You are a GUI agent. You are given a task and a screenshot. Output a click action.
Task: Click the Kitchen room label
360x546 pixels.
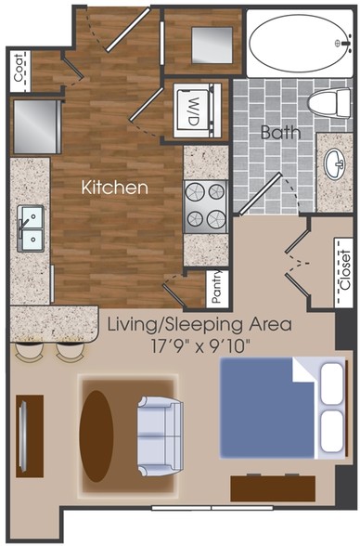click(115, 188)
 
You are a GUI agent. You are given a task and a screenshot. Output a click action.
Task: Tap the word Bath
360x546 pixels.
click(281, 132)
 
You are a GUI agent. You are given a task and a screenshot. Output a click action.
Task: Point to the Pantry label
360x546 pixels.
click(217, 287)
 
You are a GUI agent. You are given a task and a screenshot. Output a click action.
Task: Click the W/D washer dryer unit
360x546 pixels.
click(198, 110)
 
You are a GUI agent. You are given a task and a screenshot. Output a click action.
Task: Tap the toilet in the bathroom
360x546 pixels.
click(329, 103)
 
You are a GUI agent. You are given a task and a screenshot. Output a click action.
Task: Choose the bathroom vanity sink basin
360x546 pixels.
click(334, 163)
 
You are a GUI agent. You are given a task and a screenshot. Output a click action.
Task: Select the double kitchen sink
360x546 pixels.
click(31, 228)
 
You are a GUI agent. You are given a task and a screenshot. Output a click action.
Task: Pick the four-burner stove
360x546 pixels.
click(206, 207)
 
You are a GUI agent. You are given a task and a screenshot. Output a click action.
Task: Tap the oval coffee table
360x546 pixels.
click(96, 436)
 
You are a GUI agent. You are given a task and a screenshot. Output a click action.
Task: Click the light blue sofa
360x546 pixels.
click(160, 436)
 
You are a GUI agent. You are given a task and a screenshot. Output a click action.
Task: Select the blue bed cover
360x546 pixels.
click(267, 409)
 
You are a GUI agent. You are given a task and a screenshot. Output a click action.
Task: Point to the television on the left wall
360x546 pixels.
click(23, 435)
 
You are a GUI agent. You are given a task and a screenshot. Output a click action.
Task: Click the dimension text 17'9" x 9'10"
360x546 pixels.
click(200, 347)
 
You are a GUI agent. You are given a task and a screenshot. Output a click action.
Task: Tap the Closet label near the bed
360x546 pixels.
click(345, 270)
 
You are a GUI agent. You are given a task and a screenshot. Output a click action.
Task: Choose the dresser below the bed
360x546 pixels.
click(273, 488)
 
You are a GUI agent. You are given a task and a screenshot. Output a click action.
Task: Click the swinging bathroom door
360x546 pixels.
click(260, 192)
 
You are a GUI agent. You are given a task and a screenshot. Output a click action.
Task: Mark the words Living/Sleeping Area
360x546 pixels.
click(199, 325)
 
